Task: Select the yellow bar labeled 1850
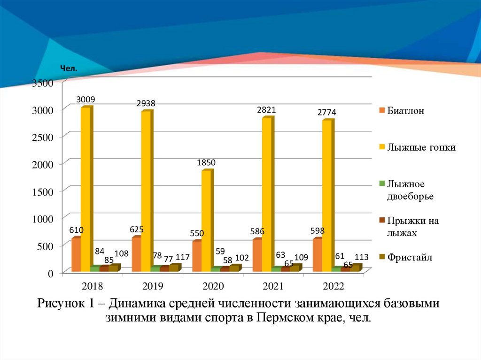(x=206, y=221)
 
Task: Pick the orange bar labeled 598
(x=318, y=254)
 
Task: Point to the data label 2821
(x=266, y=110)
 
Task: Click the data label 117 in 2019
(x=183, y=257)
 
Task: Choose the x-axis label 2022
(x=334, y=286)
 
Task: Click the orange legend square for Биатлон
(x=382, y=111)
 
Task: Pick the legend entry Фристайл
(x=409, y=257)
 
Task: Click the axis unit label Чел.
(x=69, y=69)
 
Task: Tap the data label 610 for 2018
(x=77, y=230)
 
